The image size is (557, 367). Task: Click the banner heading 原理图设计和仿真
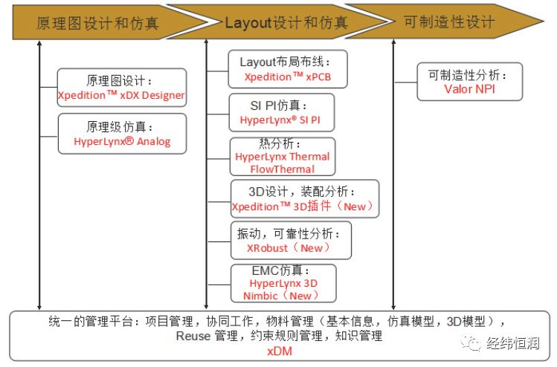coord(97,24)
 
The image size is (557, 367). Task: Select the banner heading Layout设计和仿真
coord(286,23)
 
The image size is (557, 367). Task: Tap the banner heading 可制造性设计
coord(449,22)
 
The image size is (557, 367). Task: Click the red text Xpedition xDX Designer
coord(121,95)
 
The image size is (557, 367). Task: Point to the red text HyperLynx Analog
coord(122,141)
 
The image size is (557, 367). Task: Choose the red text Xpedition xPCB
coord(288,77)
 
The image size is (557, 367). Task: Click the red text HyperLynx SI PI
coord(280,120)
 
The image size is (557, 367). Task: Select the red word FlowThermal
coord(283,169)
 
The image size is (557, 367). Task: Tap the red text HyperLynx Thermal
coord(283,157)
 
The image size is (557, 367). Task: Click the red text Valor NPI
coord(469,88)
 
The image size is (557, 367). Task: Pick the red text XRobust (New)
coord(288,247)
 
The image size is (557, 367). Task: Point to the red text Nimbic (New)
coord(280,295)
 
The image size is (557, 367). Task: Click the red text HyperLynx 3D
coord(283,283)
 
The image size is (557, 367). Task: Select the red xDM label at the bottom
coord(280,351)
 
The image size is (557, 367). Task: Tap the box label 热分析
coord(280,143)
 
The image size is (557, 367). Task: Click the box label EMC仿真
coord(280,270)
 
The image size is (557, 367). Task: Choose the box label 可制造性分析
coord(468,75)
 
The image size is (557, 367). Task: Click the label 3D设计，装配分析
coord(302,192)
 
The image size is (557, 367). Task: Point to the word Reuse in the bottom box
coord(193,336)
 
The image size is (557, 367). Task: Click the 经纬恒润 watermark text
coord(512,343)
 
